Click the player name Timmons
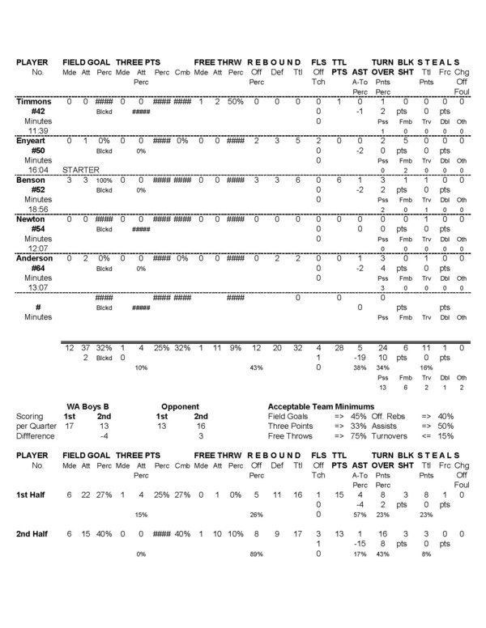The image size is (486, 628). pos(35,102)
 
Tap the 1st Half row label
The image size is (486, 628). pos(33,494)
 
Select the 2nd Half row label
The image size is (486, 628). pos(34,536)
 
